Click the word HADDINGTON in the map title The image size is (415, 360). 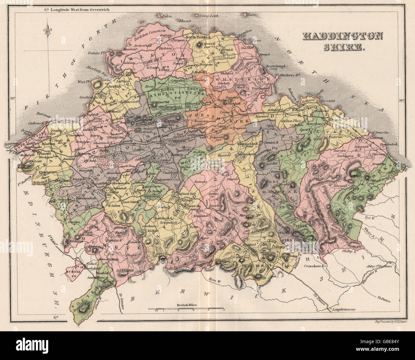343,36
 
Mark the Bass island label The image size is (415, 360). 253,15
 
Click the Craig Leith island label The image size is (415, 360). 208,15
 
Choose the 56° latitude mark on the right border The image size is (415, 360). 402,100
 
